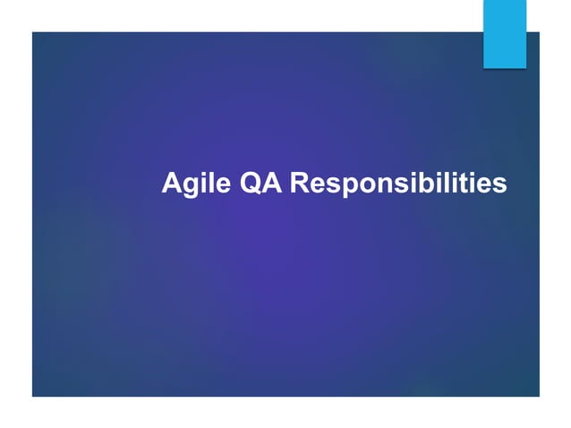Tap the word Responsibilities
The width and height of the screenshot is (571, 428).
point(399,184)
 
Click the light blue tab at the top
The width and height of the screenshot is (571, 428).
point(505,34)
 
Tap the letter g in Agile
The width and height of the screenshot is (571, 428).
point(185,186)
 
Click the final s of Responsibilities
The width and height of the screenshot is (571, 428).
point(500,185)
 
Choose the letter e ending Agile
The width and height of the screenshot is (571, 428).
point(209,185)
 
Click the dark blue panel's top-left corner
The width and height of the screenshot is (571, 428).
point(33,33)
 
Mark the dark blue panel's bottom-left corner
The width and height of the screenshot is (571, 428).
point(33,395)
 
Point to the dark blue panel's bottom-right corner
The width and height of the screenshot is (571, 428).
point(538,395)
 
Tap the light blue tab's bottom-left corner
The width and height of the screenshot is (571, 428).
point(484,67)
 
